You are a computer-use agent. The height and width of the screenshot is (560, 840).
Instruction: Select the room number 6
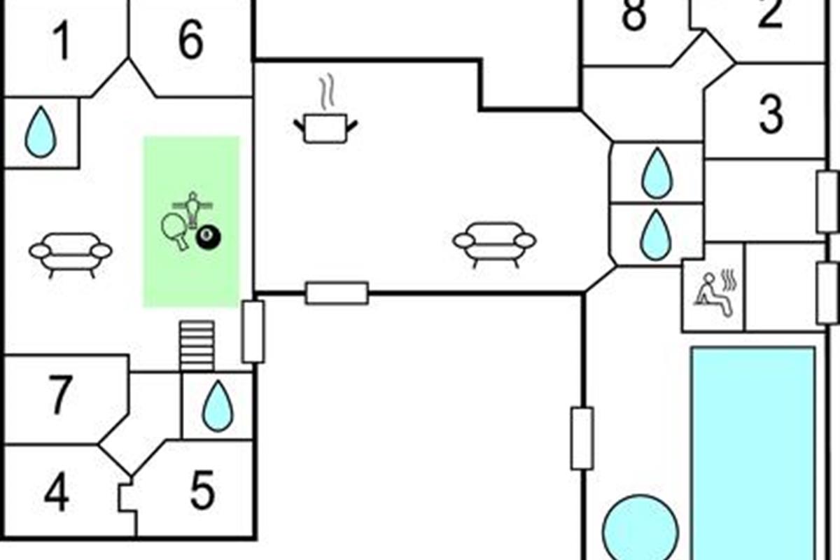click(x=191, y=39)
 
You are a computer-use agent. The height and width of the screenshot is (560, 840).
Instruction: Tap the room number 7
click(x=60, y=395)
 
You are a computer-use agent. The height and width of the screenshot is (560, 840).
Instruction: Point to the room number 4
click(x=57, y=492)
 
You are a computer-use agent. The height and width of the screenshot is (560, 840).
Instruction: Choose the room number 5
click(x=203, y=490)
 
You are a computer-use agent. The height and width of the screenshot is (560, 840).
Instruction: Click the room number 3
click(x=771, y=114)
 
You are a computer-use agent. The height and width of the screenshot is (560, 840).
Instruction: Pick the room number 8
click(x=634, y=14)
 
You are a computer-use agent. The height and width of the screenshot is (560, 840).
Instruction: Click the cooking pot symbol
click(x=325, y=109)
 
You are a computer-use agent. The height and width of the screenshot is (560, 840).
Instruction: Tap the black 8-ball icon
click(x=209, y=237)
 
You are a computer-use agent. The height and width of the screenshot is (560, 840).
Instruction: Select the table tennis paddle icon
click(x=174, y=230)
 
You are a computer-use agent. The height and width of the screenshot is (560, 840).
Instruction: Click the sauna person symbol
click(x=715, y=294)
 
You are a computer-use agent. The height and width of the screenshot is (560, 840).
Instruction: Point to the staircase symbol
click(x=197, y=346)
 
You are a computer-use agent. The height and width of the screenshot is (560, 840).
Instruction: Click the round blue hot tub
click(x=640, y=528)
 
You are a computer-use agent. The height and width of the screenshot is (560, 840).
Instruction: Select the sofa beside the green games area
click(x=71, y=255)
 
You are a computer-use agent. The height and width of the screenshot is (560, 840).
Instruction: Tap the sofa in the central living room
click(x=495, y=244)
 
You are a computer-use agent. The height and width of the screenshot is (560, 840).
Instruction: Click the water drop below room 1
click(x=41, y=132)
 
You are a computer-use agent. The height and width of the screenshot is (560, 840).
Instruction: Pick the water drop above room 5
click(x=218, y=406)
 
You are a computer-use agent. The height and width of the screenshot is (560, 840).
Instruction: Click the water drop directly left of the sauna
click(x=655, y=234)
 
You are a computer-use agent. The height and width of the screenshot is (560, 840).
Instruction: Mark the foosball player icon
click(x=192, y=209)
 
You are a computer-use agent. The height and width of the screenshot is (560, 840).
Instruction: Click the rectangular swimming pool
click(x=753, y=454)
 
